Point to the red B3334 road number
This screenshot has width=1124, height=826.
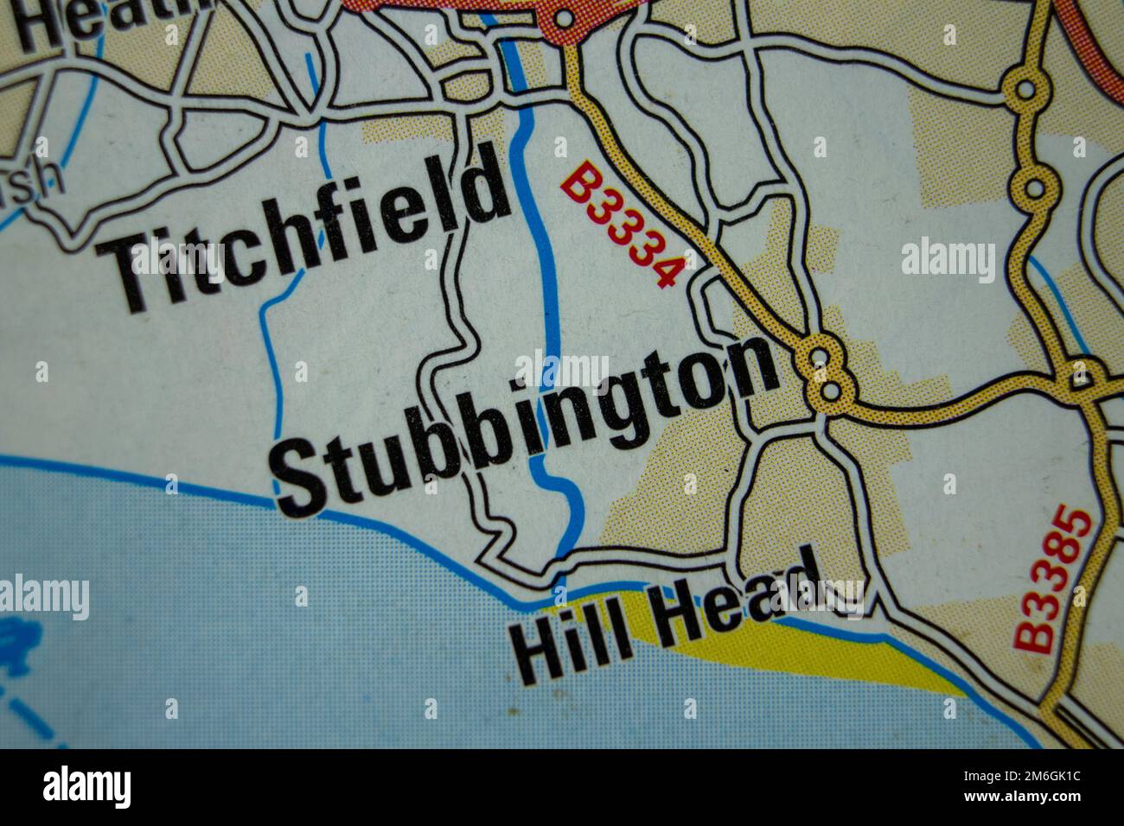tap(621, 226)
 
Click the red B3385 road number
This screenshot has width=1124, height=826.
tap(1053, 581)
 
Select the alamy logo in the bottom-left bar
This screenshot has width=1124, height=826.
tap(86, 786)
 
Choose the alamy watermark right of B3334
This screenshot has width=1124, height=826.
tap(948, 257)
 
